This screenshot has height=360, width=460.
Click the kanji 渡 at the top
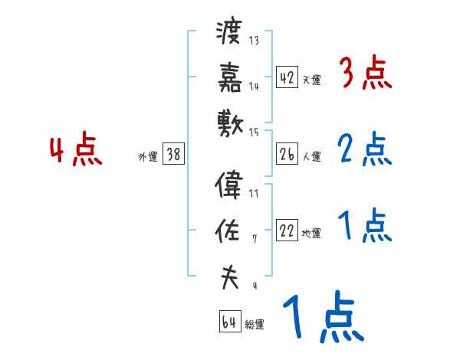[229, 33]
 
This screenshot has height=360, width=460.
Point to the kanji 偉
[229, 185]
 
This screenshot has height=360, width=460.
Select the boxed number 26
[286, 154]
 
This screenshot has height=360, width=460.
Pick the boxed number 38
[173, 154]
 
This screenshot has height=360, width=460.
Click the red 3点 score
[364, 74]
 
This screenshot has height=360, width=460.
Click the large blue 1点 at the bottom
[322, 318]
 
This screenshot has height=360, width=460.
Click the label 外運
[147, 156]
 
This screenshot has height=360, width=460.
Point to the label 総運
[255, 325]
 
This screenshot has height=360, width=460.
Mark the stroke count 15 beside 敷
[254, 133]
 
